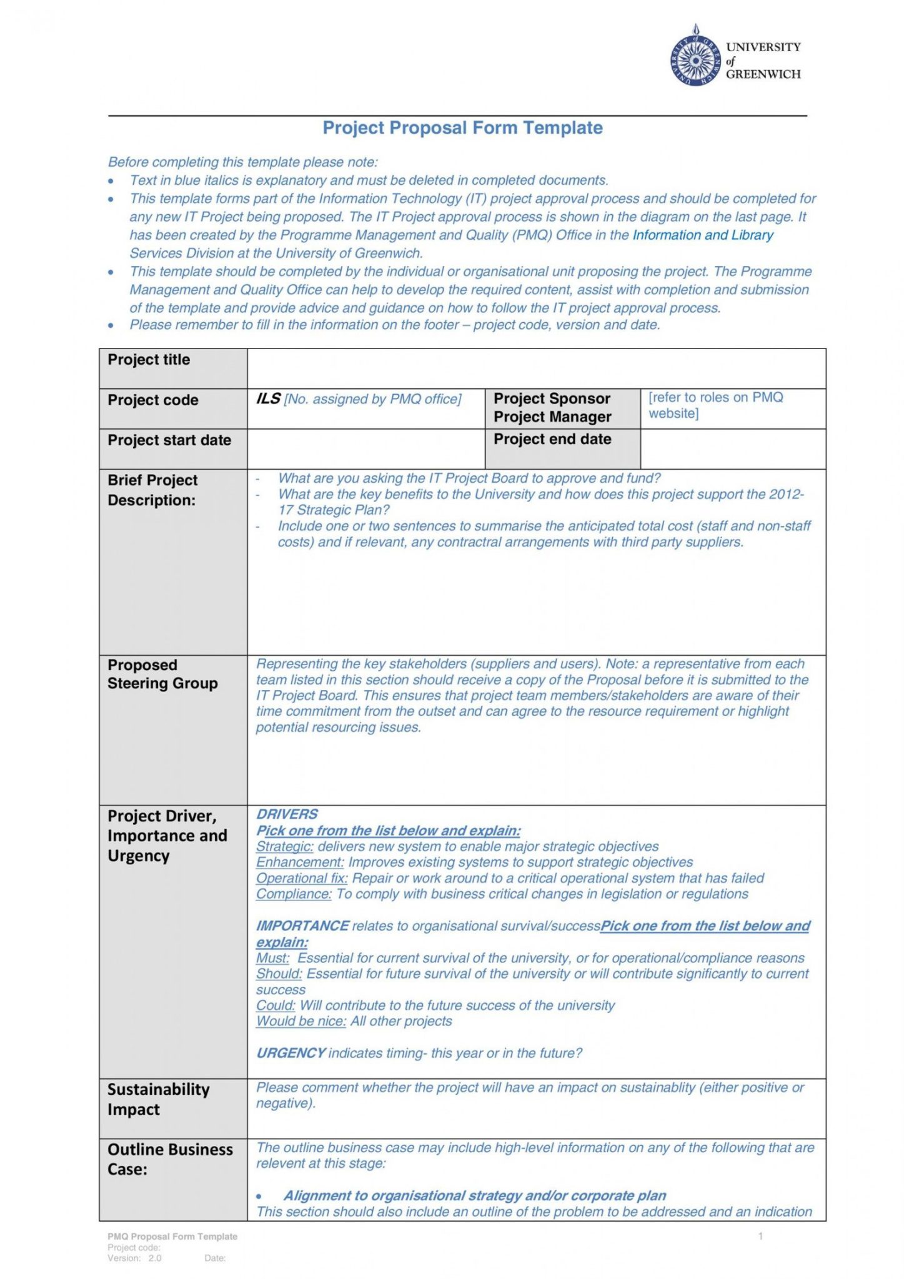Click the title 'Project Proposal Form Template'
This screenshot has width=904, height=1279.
pos(462,128)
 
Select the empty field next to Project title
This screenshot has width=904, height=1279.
pos(535,368)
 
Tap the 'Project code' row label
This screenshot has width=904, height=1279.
pos(153,400)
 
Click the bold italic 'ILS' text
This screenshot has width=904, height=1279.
pos(268,399)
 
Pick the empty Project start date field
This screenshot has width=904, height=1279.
pos(365,448)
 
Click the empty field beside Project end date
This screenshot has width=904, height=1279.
pos(732,448)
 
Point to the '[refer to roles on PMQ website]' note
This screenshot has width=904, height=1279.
pos(715,405)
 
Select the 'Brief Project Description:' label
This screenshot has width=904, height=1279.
pos(152,490)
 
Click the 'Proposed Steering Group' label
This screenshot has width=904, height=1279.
pos(162,674)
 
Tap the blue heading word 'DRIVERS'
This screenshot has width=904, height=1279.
pos(287,814)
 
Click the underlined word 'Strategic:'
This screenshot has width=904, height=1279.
pos(284,847)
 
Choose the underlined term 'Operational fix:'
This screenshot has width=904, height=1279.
pos(302,879)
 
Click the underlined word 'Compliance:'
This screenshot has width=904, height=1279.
pos(294,894)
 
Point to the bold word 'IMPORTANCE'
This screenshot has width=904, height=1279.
pos(302,926)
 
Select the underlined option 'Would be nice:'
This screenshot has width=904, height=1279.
pos(301,1021)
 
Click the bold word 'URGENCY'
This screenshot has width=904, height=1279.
pos(291,1054)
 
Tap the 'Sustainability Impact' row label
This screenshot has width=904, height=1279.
pos(158,1100)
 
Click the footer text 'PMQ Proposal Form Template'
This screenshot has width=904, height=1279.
pos(172,1237)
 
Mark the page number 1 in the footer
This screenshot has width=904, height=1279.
pos(760,1236)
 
